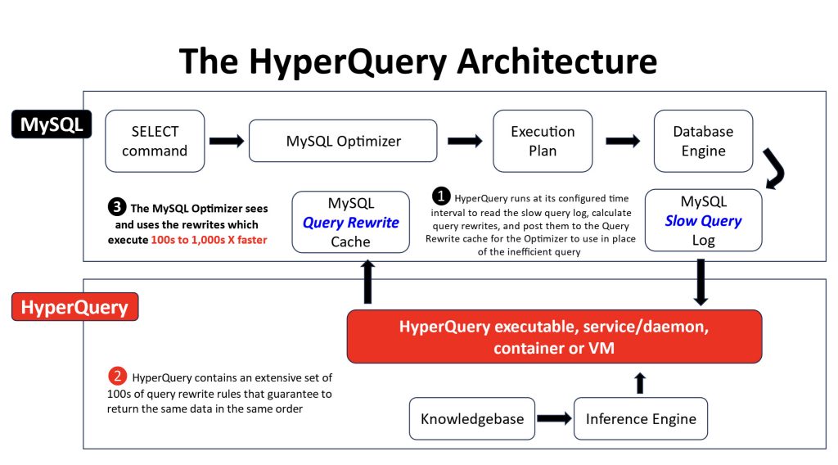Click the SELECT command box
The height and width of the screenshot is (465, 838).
155,141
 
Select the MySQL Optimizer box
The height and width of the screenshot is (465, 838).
343,141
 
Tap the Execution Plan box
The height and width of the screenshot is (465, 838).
543,141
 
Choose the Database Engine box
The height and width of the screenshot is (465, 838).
703,141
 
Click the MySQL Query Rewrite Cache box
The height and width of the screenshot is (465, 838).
350,222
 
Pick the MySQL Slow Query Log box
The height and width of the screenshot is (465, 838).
703,220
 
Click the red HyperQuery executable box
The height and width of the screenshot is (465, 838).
554,336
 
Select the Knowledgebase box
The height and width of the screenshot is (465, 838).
472,418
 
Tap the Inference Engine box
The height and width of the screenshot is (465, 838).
641,418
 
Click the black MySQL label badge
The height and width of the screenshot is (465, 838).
52,124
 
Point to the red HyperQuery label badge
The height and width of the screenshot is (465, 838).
74,307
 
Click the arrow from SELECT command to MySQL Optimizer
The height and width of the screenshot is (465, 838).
227,141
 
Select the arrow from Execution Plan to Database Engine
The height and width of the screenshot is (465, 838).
623,141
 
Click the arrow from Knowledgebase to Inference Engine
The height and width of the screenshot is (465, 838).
554,418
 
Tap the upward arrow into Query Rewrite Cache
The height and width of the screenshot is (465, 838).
367,282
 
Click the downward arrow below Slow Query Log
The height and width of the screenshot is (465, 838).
701,282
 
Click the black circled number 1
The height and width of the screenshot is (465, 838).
441,196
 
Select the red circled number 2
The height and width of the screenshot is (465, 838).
117,376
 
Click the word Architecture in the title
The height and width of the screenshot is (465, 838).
556,61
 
